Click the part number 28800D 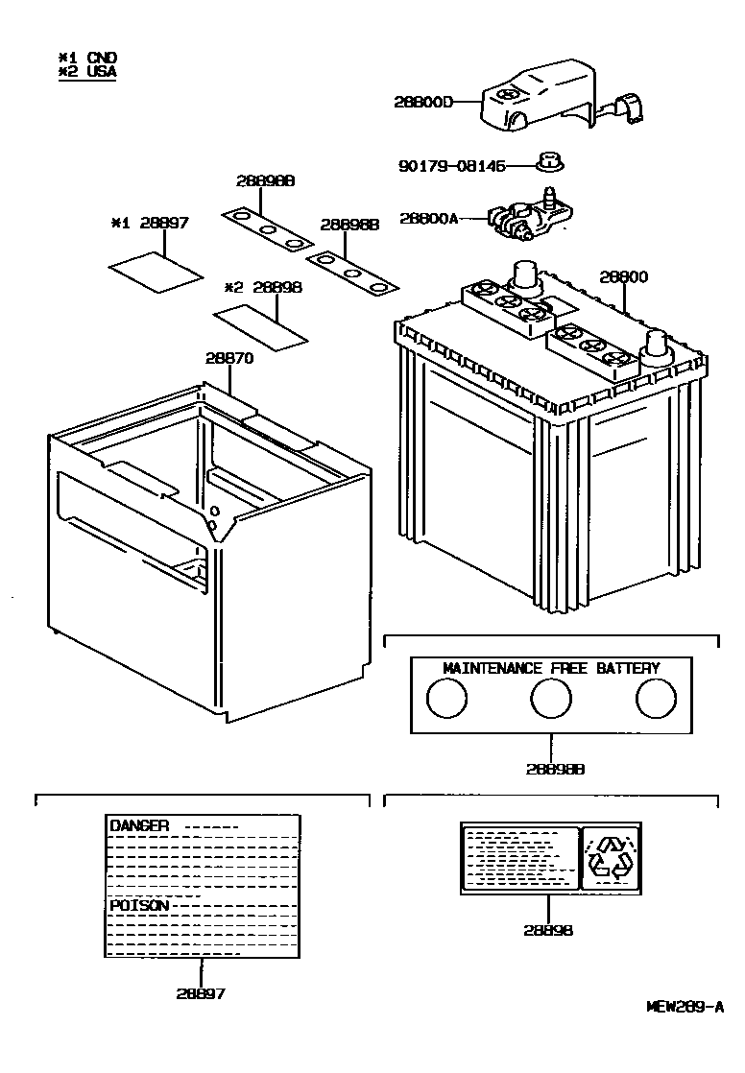click(x=422, y=101)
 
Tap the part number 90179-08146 click(x=450, y=166)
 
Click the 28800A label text click(x=427, y=219)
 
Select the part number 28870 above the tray click(x=228, y=358)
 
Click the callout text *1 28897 click(x=150, y=223)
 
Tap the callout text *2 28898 click(x=263, y=287)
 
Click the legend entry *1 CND click(x=87, y=58)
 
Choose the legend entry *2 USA click(x=87, y=71)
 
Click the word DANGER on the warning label click(x=139, y=825)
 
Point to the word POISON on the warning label click(x=139, y=905)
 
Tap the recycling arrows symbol click(x=611, y=856)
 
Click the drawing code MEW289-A click(x=684, y=1007)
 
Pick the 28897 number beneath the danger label click(x=201, y=993)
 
